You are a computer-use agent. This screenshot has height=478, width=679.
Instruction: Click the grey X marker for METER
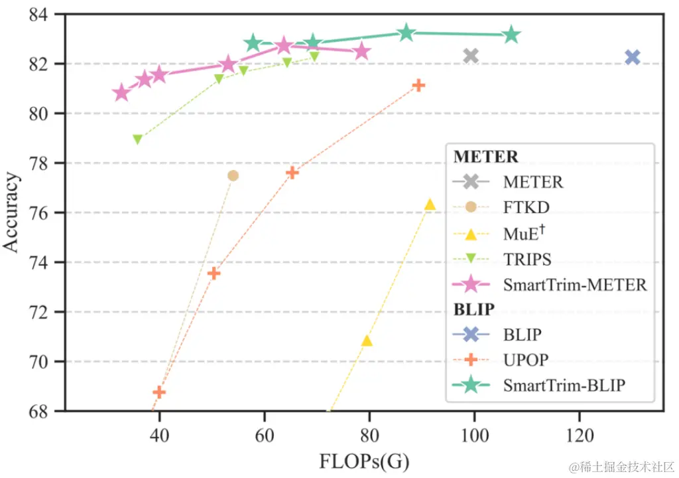pyautogui.click(x=471, y=56)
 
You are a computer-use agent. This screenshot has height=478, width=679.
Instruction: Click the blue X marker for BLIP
pyautogui.click(x=632, y=57)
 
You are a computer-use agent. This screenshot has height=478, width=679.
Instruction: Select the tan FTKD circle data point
pyautogui.click(x=233, y=175)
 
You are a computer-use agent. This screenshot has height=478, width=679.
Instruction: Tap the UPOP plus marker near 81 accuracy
pyautogui.click(x=418, y=86)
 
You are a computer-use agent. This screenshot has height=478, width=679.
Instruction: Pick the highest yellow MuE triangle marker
pyautogui.click(x=430, y=204)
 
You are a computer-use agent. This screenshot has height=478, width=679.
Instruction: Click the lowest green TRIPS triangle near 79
pyautogui.click(x=137, y=139)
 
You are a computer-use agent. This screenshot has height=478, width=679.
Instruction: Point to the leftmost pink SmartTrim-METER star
pyautogui.click(x=121, y=93)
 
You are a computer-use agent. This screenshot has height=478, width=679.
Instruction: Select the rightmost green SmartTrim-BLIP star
pyautogui.click(x=511, y=35)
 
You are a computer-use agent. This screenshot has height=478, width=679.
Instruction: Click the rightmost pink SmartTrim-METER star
pyautogui.click(x=361, y=51)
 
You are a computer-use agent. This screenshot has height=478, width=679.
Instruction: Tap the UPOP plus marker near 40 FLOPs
pyautogui.click(x=159, y=392)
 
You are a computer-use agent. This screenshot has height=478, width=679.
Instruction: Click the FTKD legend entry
pyautogui.click(x=526, y=207)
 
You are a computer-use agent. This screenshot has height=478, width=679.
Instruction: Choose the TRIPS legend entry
pyautogui.click(x=527, y=259)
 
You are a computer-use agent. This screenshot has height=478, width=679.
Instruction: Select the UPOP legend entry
pyautogui.click(x=526, y=359)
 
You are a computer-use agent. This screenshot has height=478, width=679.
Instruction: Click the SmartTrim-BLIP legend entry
pyautogui.click(x=564, y=385)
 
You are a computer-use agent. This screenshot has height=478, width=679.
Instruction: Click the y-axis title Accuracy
pyautogui.click(x=11, y=212)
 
